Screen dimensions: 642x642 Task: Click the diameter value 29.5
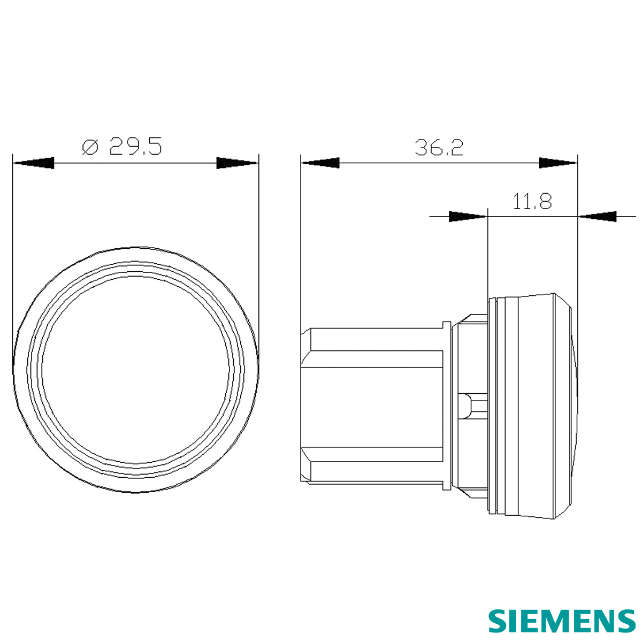(x=135, y=146)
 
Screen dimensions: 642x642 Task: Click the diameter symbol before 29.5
(x=90, y=147)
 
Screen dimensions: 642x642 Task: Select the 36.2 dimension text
(x=439, y=148)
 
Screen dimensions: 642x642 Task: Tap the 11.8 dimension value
(x=532, y=201)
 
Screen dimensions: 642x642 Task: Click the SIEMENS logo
(x=562, y=621)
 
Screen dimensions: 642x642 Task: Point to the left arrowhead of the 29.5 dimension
(x=33, y=163)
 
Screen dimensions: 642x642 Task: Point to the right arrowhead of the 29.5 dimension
(x=238, y=163)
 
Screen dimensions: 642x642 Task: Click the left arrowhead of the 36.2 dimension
(x=320, y=163)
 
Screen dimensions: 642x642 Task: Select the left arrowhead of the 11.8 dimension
(x=468, y=216)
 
